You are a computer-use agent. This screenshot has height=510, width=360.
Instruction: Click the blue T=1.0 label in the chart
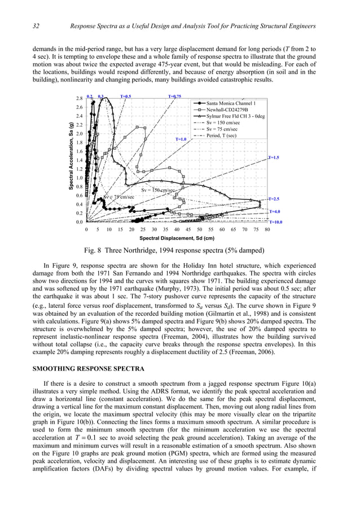point(181,139)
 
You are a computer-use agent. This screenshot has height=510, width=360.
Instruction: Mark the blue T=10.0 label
point(275,223)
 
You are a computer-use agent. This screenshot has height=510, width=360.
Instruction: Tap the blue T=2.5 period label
point(274,199)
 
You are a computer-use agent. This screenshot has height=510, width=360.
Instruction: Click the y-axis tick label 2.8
point(80,99)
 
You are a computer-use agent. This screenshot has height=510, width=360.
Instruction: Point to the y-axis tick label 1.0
point(80,178)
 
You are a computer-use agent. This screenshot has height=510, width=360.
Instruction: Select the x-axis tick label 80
point(267,230)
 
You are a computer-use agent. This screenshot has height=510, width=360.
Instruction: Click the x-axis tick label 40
point(177,230)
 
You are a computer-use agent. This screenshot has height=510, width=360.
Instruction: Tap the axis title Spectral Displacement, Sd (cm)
point(177,239)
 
